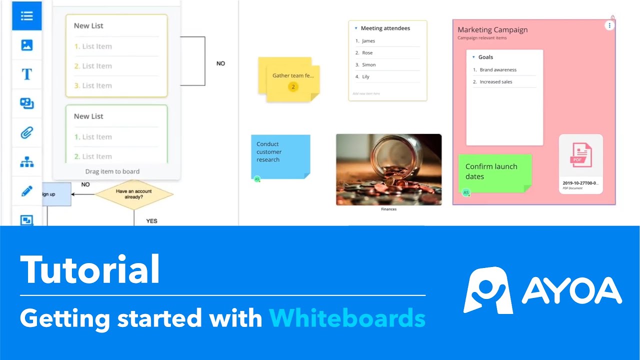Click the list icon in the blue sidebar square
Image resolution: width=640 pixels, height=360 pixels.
[x=27, y=16]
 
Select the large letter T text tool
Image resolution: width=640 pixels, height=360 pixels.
[x=27, y=74]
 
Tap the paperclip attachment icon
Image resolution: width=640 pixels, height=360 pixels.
[x=27, y=132]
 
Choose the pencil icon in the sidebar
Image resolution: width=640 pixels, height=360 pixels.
[x=27, y=190]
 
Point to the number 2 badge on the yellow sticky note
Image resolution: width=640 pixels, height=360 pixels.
[x=293, y=87]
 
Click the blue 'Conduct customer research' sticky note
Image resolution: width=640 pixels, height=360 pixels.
[x=280, y=156]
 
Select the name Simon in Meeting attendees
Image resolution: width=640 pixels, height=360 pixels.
[x=369, y=64]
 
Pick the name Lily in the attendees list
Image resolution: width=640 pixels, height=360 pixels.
[x=366, y=76]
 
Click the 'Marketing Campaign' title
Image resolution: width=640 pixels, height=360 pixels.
[x=492, y=30]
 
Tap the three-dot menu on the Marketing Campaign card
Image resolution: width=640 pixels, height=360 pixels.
[x=609, y=25]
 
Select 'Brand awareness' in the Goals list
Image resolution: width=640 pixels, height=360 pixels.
[x=498, y=70]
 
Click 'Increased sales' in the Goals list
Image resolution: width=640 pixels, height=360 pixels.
[x=496, y=82]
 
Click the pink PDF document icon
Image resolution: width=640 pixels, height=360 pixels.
[x=580, y=155]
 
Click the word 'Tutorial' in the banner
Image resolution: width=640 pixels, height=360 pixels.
[x=90, y=270]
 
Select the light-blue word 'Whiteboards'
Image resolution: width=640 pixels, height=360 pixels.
[x=347, y=318]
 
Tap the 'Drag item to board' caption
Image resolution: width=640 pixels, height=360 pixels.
[x=112, y=171]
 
